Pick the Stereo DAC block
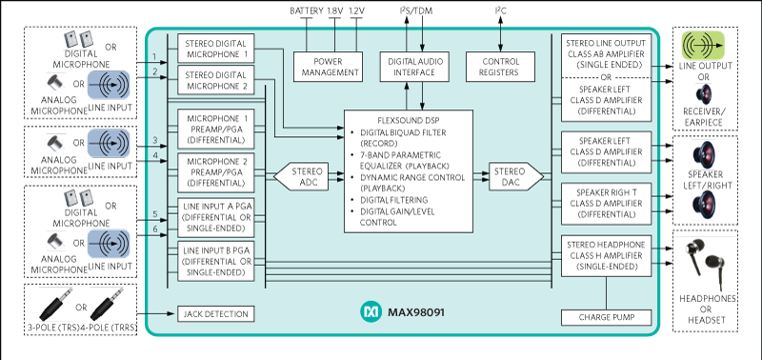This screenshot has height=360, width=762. [514, 174]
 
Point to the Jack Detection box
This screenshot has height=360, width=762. [214, 314]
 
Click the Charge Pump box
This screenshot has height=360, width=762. [607, 316]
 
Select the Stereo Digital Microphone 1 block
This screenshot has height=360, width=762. [214, 49]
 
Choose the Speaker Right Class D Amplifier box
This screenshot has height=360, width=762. [607, 202]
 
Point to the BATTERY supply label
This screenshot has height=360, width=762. [307, 10]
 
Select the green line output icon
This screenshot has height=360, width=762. [705, 45]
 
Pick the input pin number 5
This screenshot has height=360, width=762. [154, 213]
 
